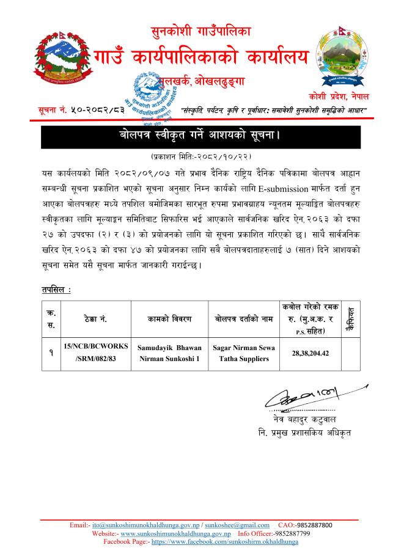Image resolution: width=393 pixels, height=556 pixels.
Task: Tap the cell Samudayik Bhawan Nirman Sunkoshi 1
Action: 163,353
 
